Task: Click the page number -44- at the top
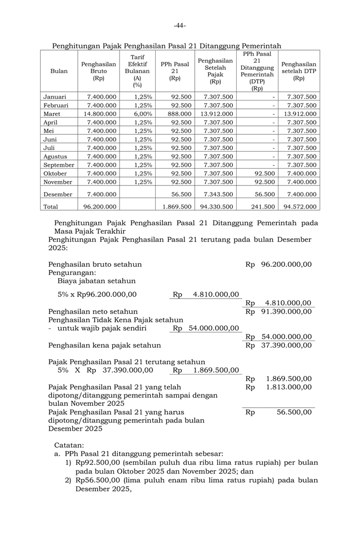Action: (179, 25)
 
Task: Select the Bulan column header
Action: (59, 71)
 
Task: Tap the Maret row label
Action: (52, 113)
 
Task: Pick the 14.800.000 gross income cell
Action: (101, 113)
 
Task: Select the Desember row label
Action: (58, 194)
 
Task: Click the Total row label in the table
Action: (51, 207)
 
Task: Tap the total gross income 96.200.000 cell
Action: (100, 207)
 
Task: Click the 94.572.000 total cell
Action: (300, 207)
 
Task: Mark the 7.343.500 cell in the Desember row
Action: (218, 194)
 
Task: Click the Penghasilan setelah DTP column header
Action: (299, 71)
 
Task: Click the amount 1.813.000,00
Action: (288, 387)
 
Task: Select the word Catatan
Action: (69, 444)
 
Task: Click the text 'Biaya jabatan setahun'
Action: (96, 280)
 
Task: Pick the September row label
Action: (59, 165)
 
